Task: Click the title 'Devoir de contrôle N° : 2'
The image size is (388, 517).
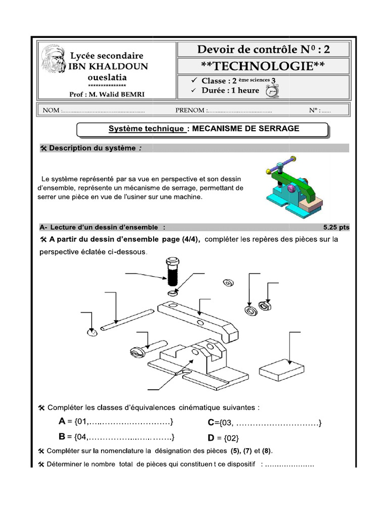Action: click(x=262, y=49)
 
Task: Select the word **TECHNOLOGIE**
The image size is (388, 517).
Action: click(x=262, y=66)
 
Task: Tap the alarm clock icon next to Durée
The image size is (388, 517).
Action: click(x=272, y=90)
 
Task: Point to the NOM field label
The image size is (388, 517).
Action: click(x=51, y=110)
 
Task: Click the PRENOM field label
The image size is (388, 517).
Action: click(x=190, y=110)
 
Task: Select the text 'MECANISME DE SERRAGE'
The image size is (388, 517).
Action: click(x=245, y=129)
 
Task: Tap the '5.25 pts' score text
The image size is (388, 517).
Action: click(x=336, y=227)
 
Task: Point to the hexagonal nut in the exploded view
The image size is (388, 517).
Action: click(x=263, y=305)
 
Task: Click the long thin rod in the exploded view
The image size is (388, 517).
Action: click(x=126, y=321)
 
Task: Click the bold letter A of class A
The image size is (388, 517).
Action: click(x=62, y=422)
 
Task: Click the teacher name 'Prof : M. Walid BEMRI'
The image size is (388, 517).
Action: click(x=106, y=94)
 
